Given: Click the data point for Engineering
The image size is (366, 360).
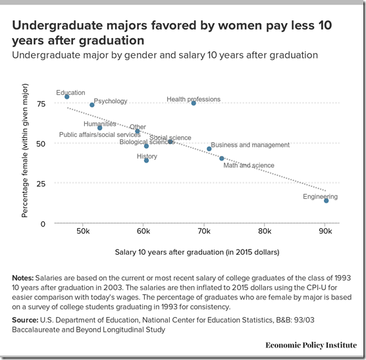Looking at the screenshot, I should point(326,201).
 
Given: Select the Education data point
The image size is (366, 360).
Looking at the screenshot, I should point(67,97).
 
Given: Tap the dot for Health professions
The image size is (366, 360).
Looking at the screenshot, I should point(194,103).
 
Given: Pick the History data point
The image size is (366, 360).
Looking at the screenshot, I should point(147,161).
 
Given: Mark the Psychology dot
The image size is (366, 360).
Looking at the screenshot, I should point(92,105).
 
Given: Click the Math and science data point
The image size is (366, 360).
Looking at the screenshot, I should point(222,159).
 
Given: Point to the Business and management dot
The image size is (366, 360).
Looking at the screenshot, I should point(209,149).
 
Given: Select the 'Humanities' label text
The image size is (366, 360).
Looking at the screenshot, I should point(99,124).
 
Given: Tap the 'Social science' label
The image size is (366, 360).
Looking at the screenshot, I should point(170,138).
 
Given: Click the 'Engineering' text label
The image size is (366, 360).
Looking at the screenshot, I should point(320,197).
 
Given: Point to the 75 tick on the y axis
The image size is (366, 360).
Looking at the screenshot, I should point(41,104).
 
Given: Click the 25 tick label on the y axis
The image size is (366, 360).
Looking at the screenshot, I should point(41,184).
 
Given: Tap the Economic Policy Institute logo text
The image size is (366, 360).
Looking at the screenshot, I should point(311,345).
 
